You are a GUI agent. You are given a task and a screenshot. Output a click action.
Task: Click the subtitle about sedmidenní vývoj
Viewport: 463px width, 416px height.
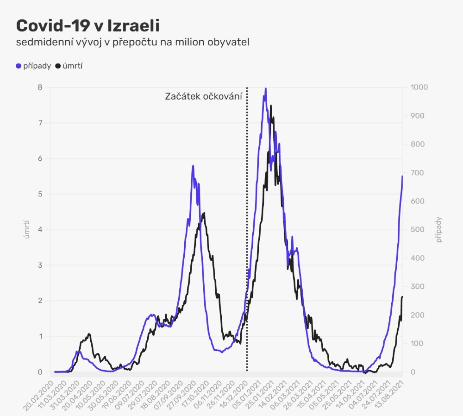point(133,43)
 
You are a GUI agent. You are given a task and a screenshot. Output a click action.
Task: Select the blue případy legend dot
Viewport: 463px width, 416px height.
point(19,66)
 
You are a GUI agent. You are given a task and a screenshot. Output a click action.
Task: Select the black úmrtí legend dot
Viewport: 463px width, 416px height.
point(58,66)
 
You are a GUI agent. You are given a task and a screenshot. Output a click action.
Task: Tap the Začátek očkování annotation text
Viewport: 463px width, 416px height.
point(204,97)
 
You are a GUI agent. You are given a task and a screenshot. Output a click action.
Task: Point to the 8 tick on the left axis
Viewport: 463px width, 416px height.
point(40,87)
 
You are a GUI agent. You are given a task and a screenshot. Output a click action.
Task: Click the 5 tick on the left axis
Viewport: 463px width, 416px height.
point(40,194)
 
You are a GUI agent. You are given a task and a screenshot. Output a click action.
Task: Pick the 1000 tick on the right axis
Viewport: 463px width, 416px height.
point(415,87)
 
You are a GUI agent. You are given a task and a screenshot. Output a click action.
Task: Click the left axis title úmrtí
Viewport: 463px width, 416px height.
point(27,230)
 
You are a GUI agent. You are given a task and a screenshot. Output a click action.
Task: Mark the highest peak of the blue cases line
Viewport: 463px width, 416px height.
point(265,88)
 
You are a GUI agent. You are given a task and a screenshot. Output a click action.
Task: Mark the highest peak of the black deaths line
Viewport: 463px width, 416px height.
point(271,106)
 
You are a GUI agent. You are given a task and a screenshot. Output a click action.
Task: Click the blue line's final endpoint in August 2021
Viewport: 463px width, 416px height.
point(402,176)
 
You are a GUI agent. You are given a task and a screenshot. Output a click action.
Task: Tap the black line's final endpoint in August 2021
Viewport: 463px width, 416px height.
point(402,296)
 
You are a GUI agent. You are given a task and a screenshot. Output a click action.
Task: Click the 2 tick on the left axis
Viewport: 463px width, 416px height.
point(40,301)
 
